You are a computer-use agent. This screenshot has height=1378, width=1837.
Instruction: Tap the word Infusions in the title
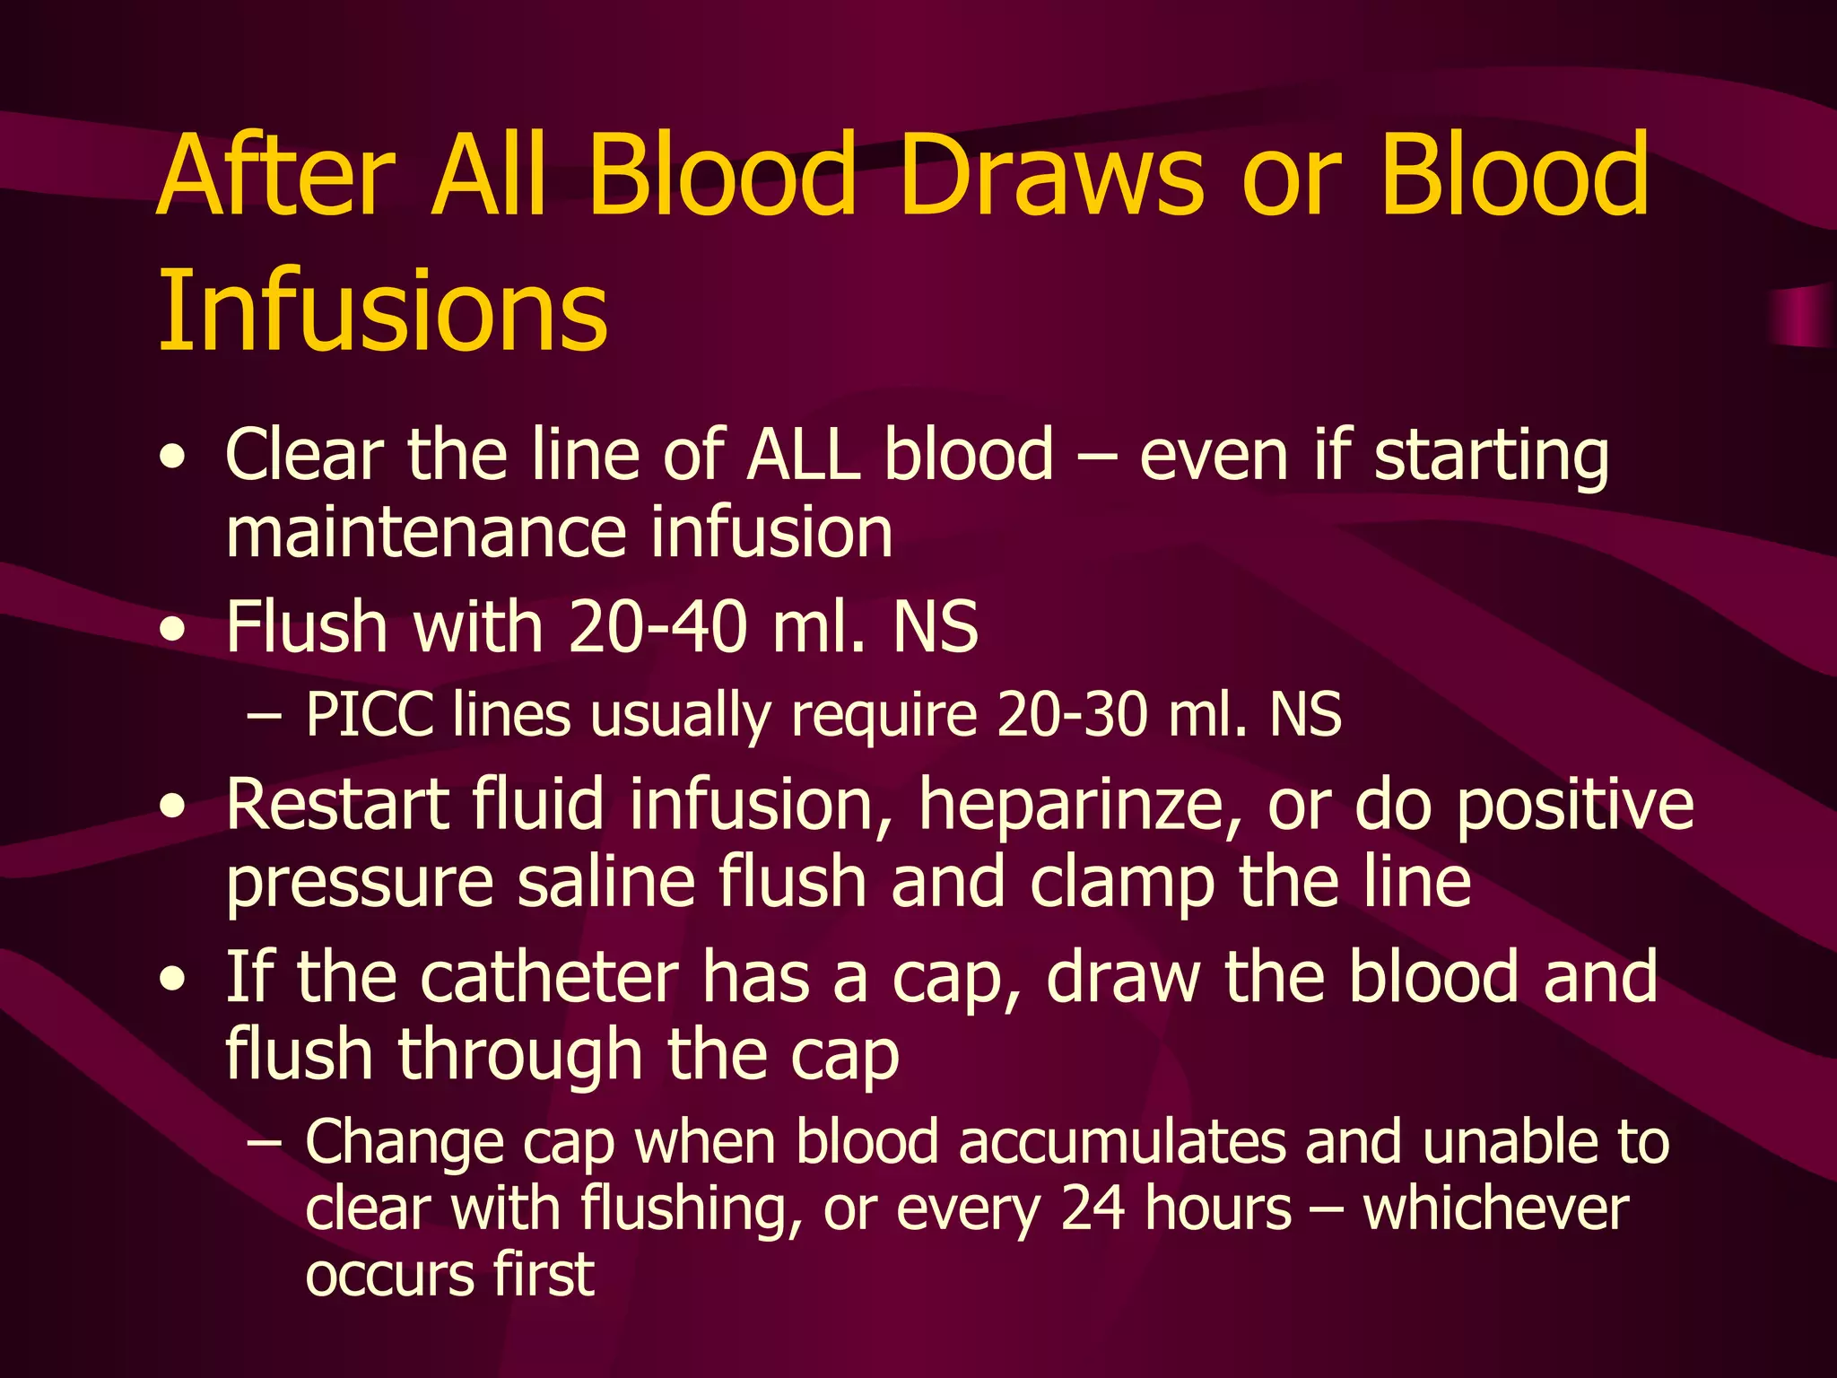point(383,310)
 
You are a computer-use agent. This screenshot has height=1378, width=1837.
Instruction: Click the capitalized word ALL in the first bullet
point(800,455)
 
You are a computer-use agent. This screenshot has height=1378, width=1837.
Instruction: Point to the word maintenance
point(425,532)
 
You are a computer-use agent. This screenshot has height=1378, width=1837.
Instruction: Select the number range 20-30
point(1073,715)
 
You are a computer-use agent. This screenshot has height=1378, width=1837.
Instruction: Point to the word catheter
point(550,977)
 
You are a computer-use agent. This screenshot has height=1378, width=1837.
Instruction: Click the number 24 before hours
point(1092,1208)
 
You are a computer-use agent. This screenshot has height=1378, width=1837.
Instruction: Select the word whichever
point(1495,1208)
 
